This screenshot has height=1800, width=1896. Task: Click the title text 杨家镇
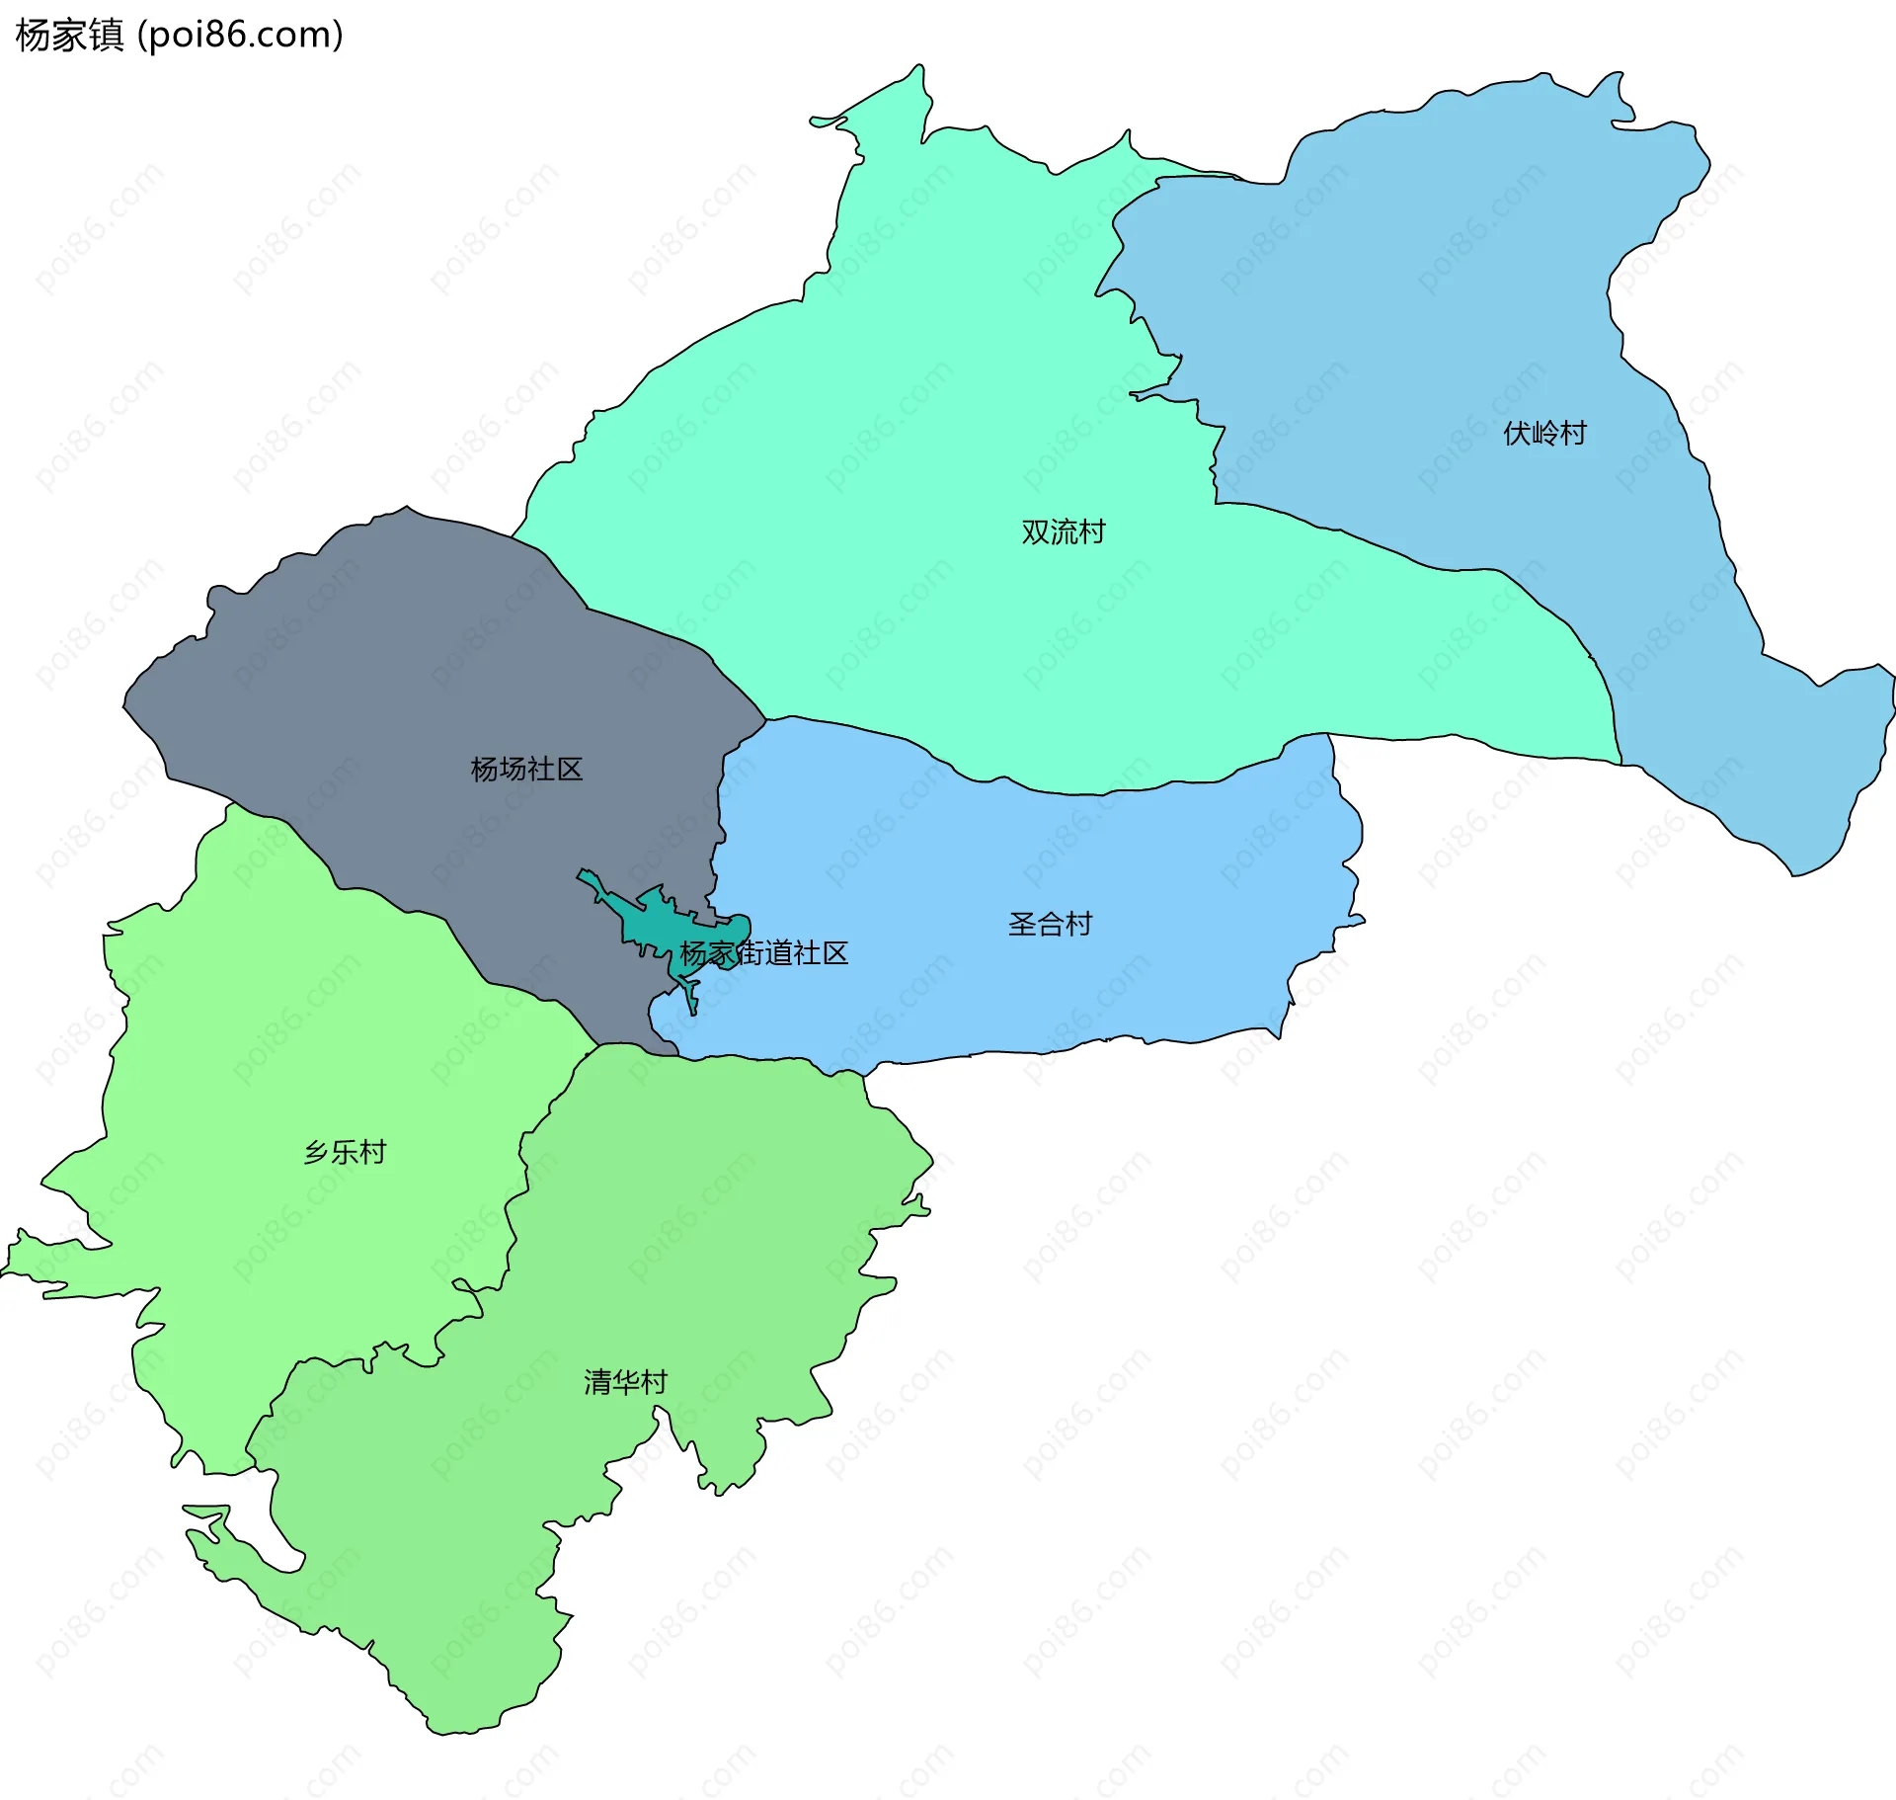coord(69,36)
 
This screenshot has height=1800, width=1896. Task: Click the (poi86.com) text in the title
coord(240,36)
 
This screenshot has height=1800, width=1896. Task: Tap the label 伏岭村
coord(1544,434)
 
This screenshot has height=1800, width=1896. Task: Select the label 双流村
coord(1063,532)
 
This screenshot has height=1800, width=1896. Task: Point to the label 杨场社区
coord(526,770)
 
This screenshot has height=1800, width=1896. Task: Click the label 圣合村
coord(1050,925)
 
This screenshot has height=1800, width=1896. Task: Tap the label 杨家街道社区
coord(763,953)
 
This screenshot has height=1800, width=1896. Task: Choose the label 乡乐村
coord(345,1152)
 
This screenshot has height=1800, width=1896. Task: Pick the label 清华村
coord(625,1382)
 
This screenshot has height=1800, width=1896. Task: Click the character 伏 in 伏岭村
coord(1517,434)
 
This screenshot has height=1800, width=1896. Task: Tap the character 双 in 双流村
coord(1035,532)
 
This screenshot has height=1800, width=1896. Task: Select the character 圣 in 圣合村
coord(1022,925)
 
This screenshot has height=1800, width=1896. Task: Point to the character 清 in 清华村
coord(597,1382)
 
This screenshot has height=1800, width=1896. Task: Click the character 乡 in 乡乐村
coord(317,1152)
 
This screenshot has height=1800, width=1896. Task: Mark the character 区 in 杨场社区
coord(570,770)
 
